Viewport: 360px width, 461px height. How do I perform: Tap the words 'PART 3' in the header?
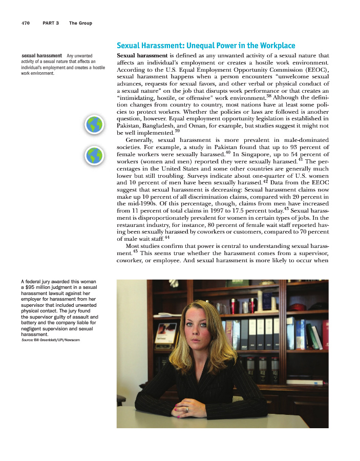(x=51, y=23)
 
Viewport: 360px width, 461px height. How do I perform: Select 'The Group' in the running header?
(x=80, y=23)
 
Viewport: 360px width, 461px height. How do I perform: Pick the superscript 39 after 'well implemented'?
(x=177, y=131)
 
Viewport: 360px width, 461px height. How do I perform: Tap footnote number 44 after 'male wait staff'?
(x=167, y=237)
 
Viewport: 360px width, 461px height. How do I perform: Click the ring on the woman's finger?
(x=187, y=409)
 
